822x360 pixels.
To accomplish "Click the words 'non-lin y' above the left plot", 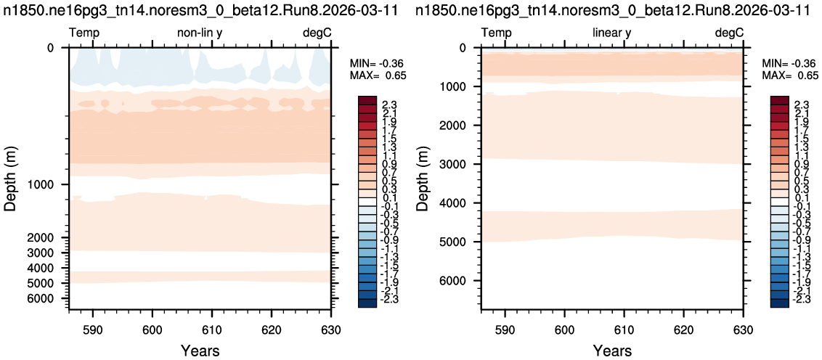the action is (200, 33).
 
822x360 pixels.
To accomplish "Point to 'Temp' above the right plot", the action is (497, 33).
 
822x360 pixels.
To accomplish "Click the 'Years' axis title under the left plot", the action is (200, 350).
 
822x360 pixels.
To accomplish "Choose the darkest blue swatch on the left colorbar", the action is (367, 303).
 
